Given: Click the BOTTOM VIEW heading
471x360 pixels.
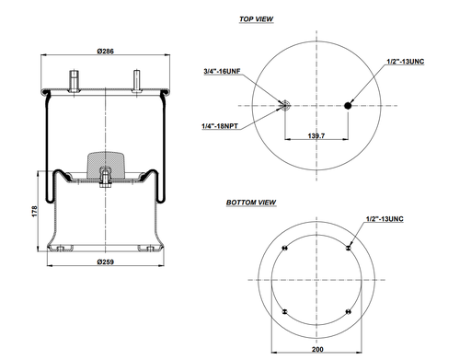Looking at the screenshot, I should point(251,202).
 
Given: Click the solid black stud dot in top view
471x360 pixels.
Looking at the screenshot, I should point(349,106).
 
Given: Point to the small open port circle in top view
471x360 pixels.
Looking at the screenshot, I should point(286,106).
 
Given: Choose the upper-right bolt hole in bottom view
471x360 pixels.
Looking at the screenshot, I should point(349,249).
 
